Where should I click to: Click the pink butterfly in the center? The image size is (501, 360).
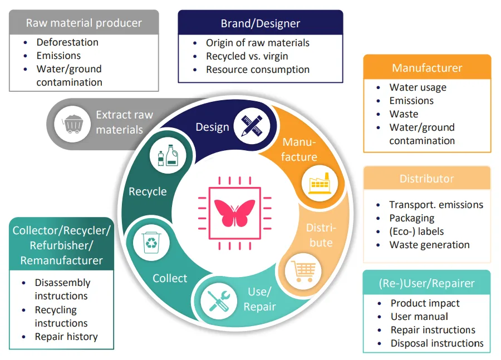click(x=234, y=213)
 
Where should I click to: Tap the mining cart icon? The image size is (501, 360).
click(x=72, y=124)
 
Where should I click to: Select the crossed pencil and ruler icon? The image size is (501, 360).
click(x=252, y=126)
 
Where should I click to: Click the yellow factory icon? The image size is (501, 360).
click(x=320, y=183)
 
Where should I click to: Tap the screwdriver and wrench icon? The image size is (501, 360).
click(x=219, y=301)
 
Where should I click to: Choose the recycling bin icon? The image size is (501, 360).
click(x=151, y=243)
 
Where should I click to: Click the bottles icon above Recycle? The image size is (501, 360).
click(x=168, y=155)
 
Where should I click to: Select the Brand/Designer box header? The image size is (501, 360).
click(x=261, y=23)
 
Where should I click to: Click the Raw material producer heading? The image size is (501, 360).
click(x=83, y=23)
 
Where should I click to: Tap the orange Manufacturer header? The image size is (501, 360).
click(x=427, y=67)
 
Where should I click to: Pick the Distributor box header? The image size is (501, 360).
click(x=427, y=178)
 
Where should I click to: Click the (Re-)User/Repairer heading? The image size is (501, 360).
click(x=426, y=283)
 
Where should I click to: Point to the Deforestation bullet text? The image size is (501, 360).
click(x=67, y=42)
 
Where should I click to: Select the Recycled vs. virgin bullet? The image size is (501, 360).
click(x=247, y=56)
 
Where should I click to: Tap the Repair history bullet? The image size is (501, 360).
click(x=66, y=337)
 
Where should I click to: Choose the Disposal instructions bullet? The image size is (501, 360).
click(x=437, y=343)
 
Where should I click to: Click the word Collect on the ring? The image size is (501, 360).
click(x=170, y=278)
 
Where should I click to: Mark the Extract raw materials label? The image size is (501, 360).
click(x=124, y=122)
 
